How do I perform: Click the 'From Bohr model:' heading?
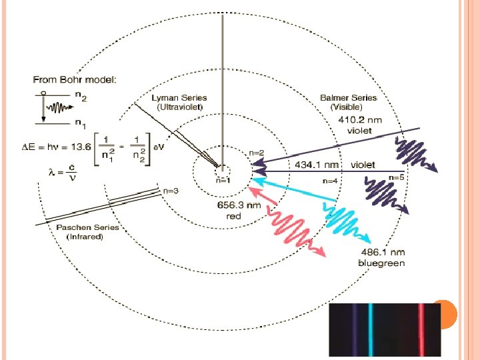[75, 79]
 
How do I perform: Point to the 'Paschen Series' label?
[87, 227]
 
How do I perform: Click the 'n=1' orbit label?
[223, 180]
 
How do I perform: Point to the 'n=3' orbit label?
[171, 190]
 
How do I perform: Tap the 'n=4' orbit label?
[329, 180]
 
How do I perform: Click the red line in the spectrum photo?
[421, 330]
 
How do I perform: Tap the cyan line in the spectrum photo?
[371, 330]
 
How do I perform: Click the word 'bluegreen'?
[381, 263]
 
